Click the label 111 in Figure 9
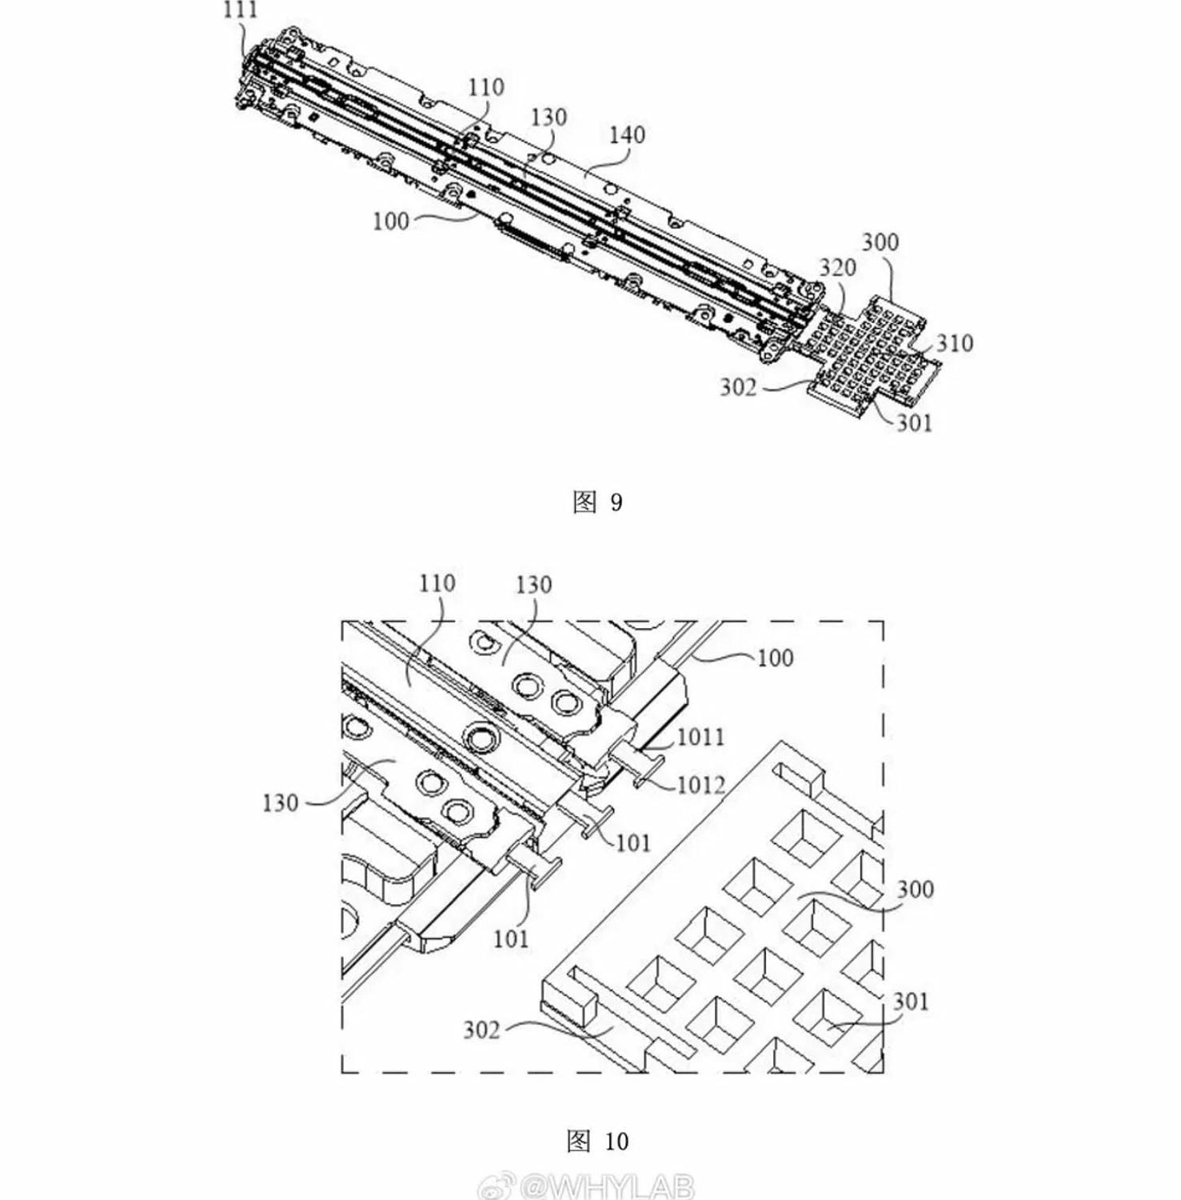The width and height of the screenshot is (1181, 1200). click(x=241, y=10)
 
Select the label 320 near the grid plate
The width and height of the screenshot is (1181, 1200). click(x=836, y=267)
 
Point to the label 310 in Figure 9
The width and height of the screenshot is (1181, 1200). click(x=954, y=343)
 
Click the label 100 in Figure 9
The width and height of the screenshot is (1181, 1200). click(x=390, y=221)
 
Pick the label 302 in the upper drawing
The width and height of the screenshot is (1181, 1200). click(x=737, y=387)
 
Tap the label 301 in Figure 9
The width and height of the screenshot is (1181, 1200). click(x=914, y=422)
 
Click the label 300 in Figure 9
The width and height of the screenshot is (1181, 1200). click(x=880, y=242)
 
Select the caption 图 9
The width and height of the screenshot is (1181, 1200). click(x=597, y=502)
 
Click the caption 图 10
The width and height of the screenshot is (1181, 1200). click(x=597, y=1141)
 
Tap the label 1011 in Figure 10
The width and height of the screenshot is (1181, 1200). click(x=700, y=737)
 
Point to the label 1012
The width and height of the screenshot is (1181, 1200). click(x=700, y=786)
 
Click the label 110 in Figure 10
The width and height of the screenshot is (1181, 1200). click(x=437, y=583)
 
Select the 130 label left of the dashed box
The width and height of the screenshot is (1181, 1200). click(x=280, y=802)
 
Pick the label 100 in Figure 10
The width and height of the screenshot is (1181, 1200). click(x=775, y=658)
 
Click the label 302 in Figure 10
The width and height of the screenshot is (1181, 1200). click(x=481, y=1030)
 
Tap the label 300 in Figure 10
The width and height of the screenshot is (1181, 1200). click(x=915, y=889)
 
